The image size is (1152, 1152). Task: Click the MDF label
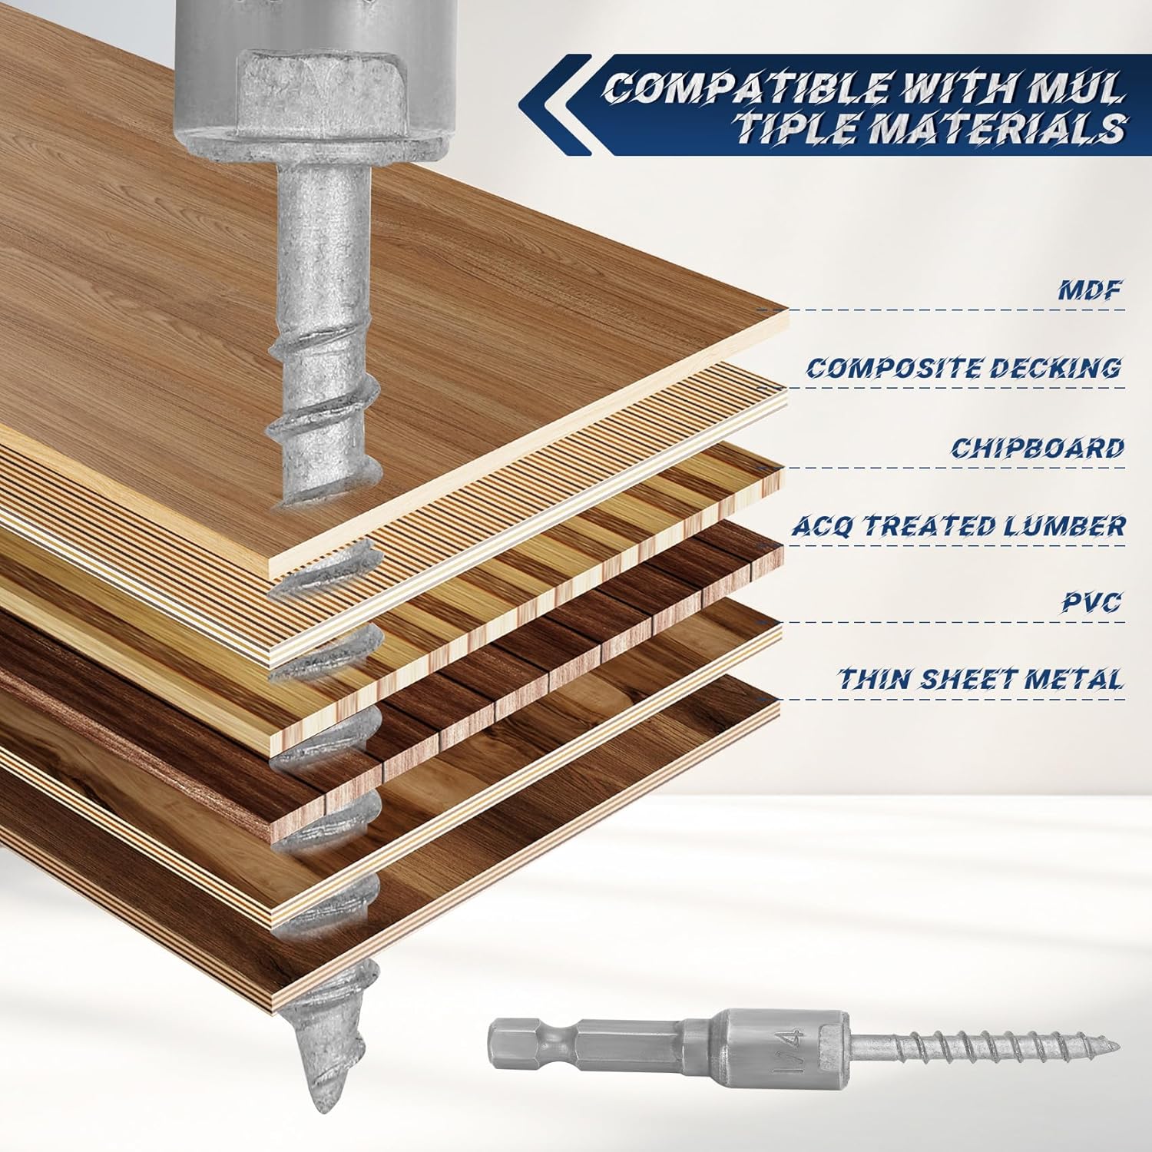click(x=1088, y=290)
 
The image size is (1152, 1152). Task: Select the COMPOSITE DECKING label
click(x=963, y=369)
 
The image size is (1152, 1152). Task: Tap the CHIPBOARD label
click(x=1037, y=448)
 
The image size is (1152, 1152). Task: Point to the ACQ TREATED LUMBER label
click(x=958, y=526)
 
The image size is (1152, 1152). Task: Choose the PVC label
click(x=1091, y=602)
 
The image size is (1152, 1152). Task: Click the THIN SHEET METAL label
click(x=980, y=679)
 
